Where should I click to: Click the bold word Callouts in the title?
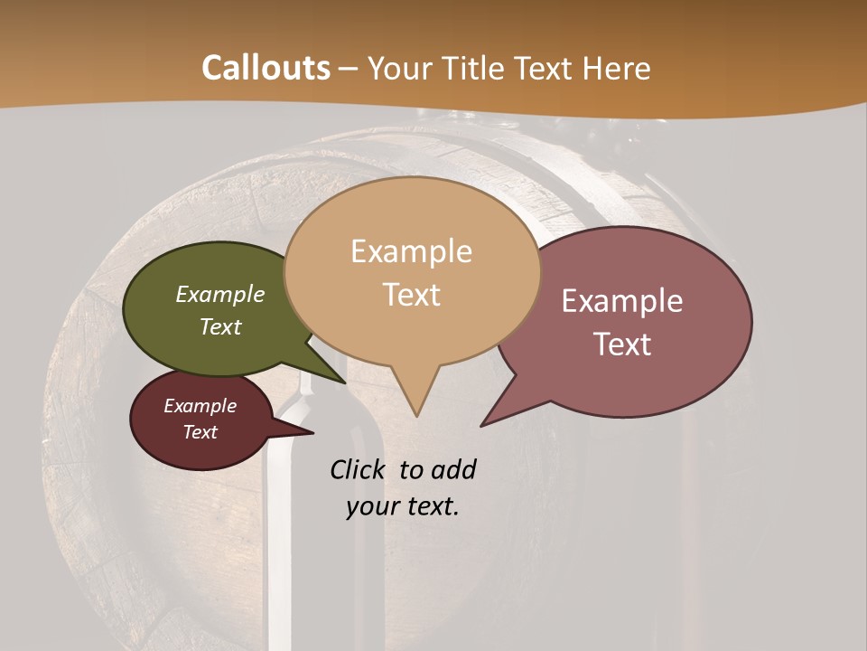[266, 68]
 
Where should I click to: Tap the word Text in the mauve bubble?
[622, 344]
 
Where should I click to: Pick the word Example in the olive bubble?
[220, 294]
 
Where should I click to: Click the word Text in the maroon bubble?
[200, 431]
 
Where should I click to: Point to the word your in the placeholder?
[372, 506]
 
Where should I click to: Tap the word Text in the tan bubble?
[412, 294]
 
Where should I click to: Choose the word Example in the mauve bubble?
[622, 300]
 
